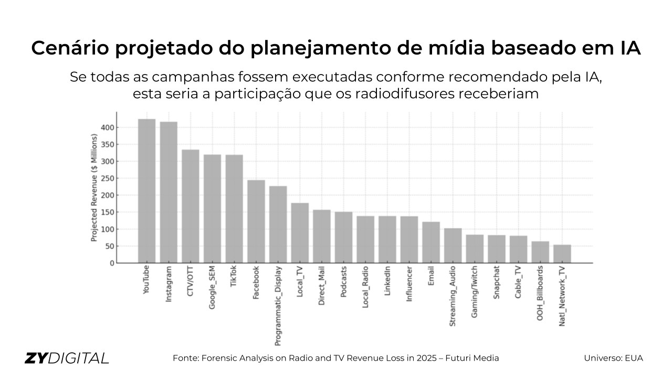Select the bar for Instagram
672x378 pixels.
tap(169, 192)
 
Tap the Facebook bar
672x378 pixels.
tap(256, 221)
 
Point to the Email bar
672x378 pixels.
tap(431, 242)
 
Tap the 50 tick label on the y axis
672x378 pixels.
tap(109, 246)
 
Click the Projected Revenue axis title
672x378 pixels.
tap(94, 187)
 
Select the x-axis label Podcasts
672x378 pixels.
tap(343, 282)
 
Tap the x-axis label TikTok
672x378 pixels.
tap(234, 278)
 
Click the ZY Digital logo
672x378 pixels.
tap(67, 358)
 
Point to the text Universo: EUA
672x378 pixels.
tap(613, 358)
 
